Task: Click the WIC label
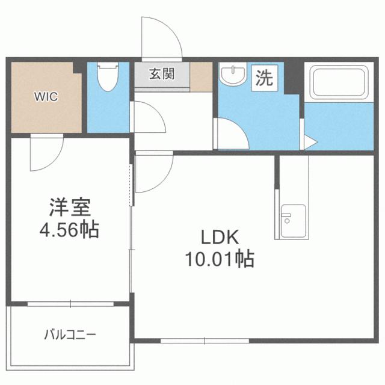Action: click(46, 96)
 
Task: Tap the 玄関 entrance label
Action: click(162, 75)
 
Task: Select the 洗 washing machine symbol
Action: click(264, 78)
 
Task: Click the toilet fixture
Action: click(108, 78)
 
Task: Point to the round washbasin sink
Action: click(232, 76)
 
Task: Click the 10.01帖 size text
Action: click(219, 259)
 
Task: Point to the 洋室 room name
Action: click(70, 208)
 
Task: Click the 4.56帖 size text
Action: click(70, 230)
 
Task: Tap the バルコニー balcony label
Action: click(70, 334)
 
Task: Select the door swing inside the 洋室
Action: click(43, 154)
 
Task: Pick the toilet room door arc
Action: click(148, 117)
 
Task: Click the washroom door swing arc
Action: click(232, 134)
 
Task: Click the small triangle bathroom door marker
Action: click(309, 144)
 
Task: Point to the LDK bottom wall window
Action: click(205, 341)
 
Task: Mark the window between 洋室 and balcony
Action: click(70, 304)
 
